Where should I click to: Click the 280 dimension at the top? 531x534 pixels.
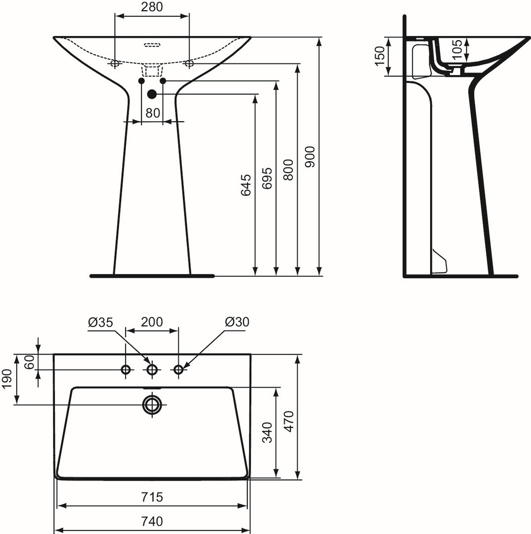pyautogui.click(x=152, y=7)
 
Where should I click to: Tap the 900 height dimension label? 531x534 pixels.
pyautogui.click(x=310, y=157)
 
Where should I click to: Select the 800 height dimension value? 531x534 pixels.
pyautogui.click(x=289, y=170)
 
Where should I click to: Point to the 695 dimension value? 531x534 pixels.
pyautogui.click(x=267, y=178)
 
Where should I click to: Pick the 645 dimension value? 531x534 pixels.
pyautogui.click(x=246, y=185)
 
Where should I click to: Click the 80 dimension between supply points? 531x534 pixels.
pyautogui.click(x=153, y=113)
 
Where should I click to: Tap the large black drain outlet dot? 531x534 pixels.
pyautogui.click(x=152, y=93)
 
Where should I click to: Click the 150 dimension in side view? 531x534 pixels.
pyautogui.click(x=379, y=56)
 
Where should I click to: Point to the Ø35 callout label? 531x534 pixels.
pyautogui.click(x=100, y=322)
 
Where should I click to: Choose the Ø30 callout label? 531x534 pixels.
pyautogui.click(x=237, y=321)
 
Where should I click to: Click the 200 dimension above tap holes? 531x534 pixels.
pyautogui.click(x=152, y=321)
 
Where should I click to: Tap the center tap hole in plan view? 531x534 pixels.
pyautogui.click(x=152, y=369)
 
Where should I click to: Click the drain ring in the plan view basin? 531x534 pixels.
pyautogui.click(x=152, y=404)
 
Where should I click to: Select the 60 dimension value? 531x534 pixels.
pyautogui.click(x=30, y=361)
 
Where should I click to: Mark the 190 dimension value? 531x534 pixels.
pyautogui.click(x=7, y=379)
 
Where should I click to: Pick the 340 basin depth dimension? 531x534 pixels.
pyautogui.click(x=267, y=433)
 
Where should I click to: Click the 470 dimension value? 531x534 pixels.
pyautogui.click(x=289, y=422)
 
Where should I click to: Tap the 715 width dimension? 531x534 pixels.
pyautogui.click(x=152, y=497)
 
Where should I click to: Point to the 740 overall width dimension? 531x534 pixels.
pyautogui.click(x=152, y=522)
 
